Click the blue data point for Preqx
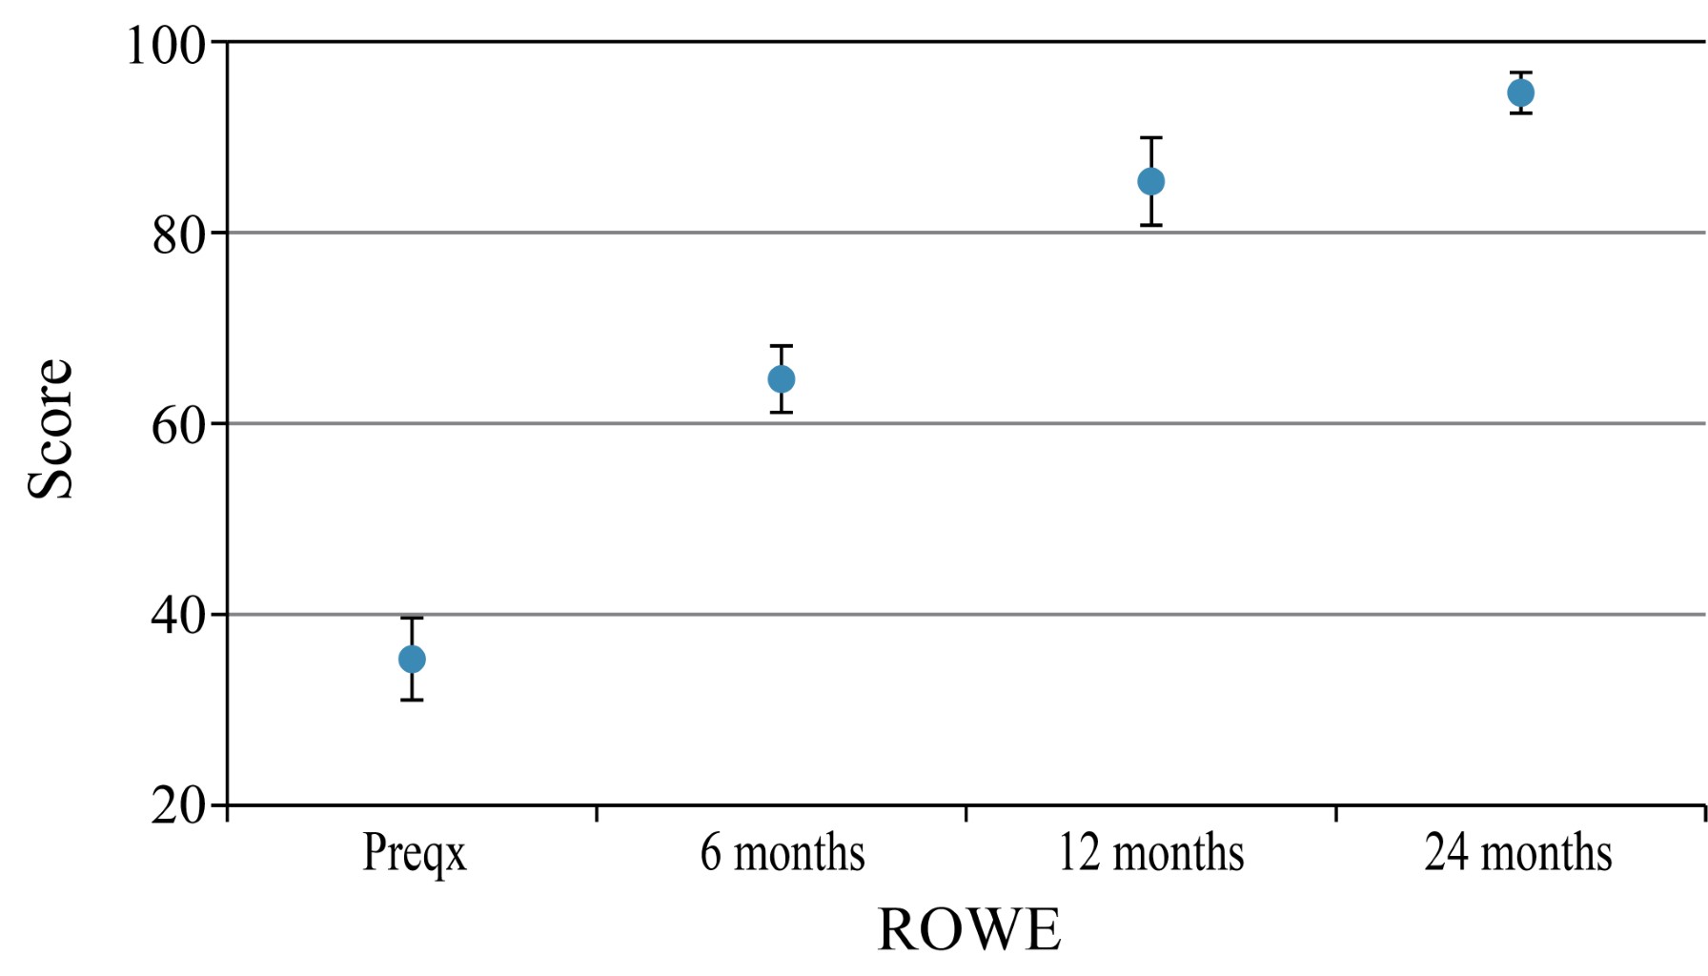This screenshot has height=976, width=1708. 412,659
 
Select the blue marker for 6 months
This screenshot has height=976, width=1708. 782,379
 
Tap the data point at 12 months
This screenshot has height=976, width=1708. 1151,181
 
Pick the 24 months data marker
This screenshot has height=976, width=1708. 1521,92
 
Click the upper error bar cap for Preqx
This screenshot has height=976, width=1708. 412,619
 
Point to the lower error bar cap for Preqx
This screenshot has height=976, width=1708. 412,701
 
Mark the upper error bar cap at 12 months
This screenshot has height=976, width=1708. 1151,138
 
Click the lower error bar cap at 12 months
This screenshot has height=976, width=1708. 1151,225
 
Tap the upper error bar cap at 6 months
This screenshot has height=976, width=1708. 782,346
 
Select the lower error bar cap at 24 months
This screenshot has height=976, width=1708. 1521,113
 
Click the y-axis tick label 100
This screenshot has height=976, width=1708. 167,45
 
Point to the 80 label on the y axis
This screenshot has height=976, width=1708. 179,234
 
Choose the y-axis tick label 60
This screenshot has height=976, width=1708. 179,425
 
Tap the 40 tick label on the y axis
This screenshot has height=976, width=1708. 179,616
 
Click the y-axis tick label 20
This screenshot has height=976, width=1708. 179,806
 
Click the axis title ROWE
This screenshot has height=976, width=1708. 968,930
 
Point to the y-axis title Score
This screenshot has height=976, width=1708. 50,429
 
